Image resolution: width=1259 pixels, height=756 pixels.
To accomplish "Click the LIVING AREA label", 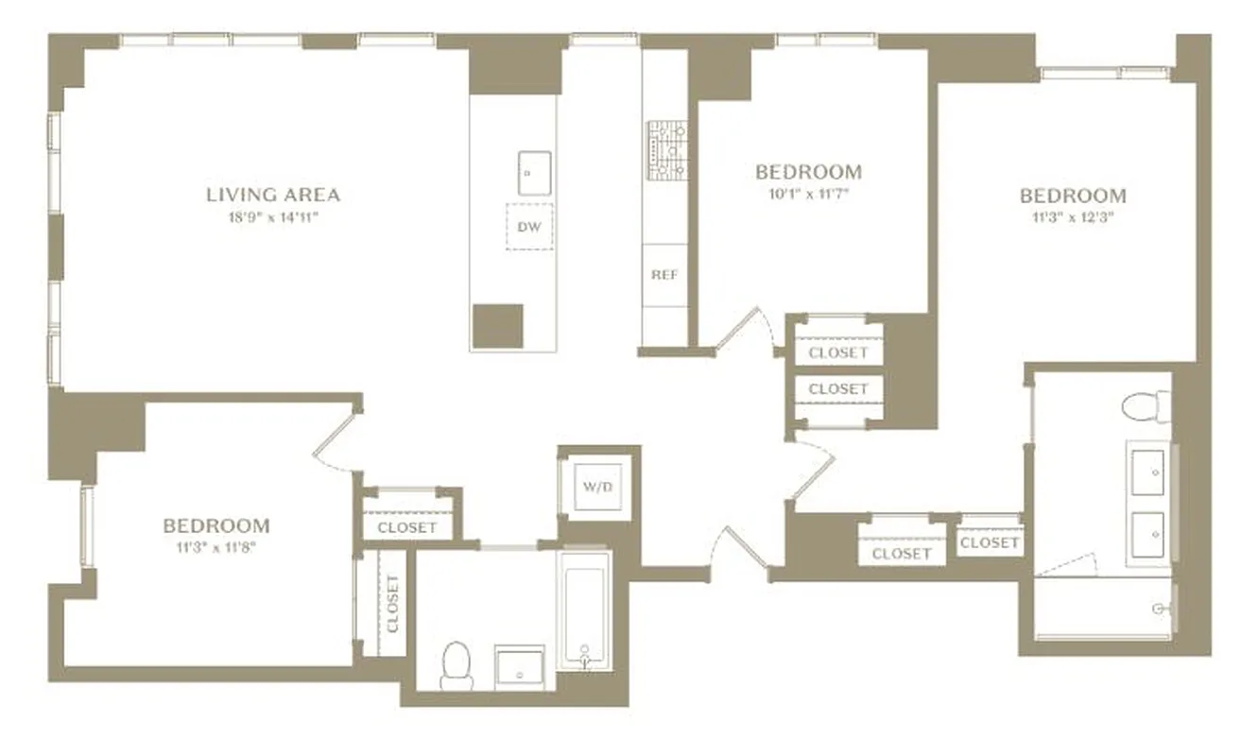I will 273,195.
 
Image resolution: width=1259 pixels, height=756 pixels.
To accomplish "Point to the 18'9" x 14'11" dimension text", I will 273,217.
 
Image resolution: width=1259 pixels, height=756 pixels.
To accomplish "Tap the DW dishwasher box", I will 529,227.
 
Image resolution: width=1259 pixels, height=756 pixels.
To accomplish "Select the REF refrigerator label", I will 664,275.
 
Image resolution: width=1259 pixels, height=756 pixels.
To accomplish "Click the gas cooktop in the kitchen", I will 668,150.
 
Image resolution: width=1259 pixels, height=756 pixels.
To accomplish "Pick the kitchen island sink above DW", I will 534,173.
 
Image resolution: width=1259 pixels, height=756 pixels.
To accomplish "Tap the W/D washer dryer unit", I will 595,488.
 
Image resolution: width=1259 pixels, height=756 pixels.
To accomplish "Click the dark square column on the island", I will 498,327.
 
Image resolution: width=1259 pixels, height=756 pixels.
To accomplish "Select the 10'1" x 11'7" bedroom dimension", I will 808,195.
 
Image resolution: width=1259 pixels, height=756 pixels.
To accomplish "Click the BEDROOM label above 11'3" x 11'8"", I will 216,525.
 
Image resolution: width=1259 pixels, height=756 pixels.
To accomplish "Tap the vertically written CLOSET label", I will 392,603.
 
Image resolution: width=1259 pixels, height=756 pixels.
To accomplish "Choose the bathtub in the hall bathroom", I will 585,610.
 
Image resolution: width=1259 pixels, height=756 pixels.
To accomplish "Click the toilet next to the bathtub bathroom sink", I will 457,663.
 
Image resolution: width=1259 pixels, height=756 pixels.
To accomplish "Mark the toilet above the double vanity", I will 1145,408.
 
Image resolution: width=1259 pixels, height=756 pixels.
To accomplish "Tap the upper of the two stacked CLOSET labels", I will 838,352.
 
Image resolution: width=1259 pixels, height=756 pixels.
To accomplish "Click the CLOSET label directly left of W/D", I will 407,527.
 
